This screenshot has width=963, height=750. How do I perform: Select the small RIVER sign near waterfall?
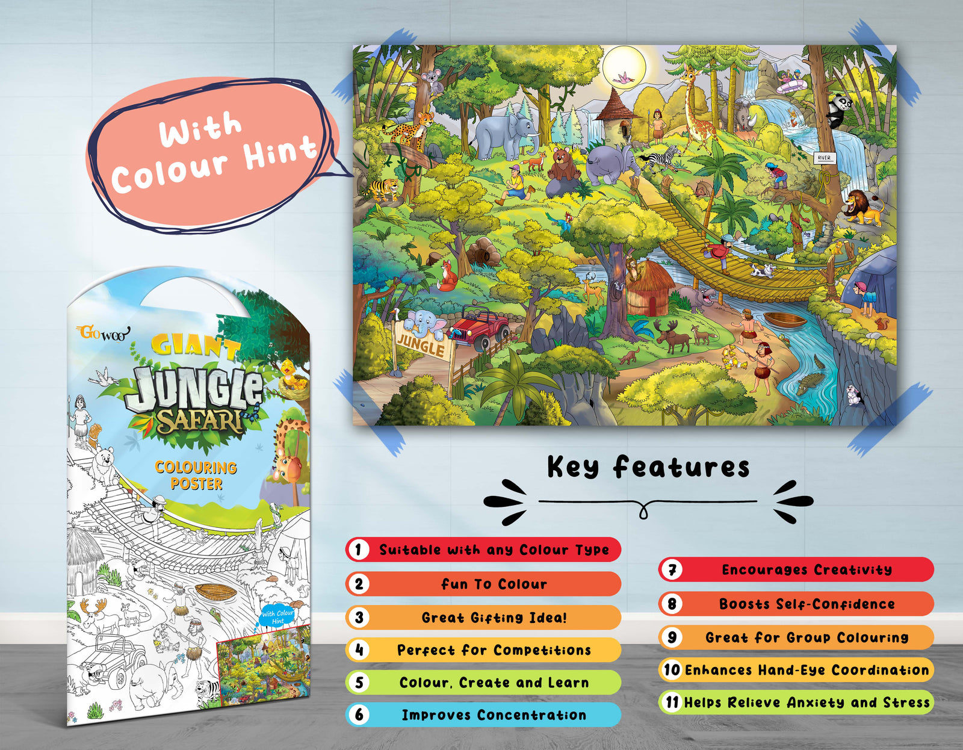[x=824, y=158]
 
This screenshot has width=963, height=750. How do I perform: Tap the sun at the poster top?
[x=624, y=67]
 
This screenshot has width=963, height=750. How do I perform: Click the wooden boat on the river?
[x=786, y=320]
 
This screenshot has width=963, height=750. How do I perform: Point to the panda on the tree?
[x=838, y=110]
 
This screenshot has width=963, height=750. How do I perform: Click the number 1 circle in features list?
[x=359, y=550]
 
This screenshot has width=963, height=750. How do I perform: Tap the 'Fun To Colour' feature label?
[x=494, y=584]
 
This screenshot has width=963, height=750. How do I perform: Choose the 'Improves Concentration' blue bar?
[x=494, y=715]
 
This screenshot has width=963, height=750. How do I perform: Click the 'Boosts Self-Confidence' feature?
[x=807, y=604]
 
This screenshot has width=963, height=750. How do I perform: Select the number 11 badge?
[x=672, y=702]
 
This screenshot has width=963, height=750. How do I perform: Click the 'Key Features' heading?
[x=648, y=467]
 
